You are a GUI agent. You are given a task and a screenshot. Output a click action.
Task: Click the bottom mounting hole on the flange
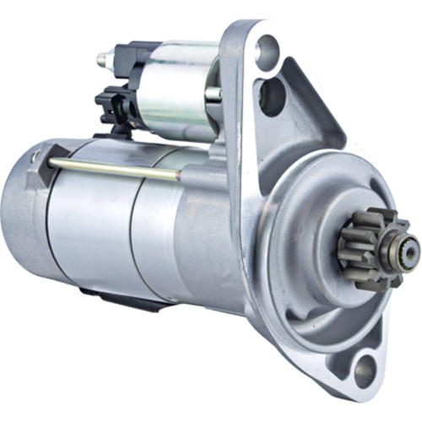(x=365, y=369)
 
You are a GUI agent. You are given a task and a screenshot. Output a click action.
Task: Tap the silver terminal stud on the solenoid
(x=103, y=60)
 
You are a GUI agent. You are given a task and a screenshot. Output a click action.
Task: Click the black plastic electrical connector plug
(x=111, y=103)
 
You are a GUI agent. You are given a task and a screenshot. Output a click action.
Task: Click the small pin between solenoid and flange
(x=214, y=94)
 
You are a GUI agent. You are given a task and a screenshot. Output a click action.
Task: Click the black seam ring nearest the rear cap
(x=47, y=224)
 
